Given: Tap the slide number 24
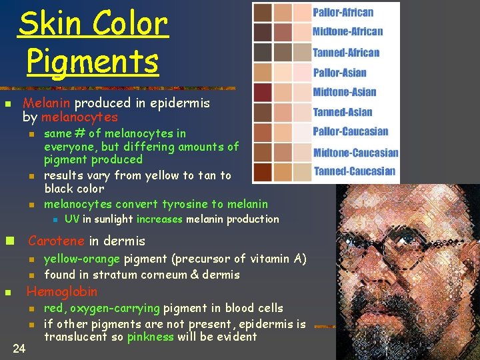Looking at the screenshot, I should click(x=19, y=347).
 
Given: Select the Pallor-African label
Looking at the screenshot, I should click(x=343, y=12).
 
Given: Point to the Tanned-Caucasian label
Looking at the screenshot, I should click(x=354, y=171).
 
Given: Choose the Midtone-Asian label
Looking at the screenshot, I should click(x=344, y=92).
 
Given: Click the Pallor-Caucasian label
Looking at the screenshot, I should click(x=350, y=131).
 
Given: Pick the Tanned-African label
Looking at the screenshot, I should click(x=345, y=52).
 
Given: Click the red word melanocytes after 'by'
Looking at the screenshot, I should click(x=79, y=117).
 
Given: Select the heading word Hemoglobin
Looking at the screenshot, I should click(x=61, y=291).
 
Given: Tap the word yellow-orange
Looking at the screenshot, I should click(x=81, y=259).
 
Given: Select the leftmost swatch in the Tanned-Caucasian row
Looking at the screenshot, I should click(x=263, y=172).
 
